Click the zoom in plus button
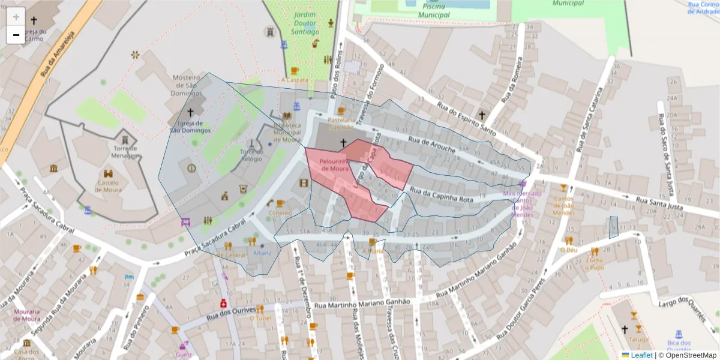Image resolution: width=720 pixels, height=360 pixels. [16, 17]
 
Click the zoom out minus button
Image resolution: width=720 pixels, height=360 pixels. [16, 35]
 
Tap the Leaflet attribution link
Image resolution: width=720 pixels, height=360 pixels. [641, 355]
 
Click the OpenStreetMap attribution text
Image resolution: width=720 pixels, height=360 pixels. [690, 355]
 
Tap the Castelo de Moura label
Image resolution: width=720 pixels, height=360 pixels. [108, 186]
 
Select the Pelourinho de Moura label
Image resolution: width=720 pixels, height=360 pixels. [334, 165]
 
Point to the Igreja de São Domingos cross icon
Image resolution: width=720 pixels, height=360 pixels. [190, 112]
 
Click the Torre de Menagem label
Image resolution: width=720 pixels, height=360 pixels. [125, 152]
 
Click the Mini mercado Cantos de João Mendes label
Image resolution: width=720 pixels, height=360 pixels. [522, 203]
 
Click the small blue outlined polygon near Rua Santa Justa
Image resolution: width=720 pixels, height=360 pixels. [613, 227]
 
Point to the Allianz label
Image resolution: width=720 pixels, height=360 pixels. [262, 253]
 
